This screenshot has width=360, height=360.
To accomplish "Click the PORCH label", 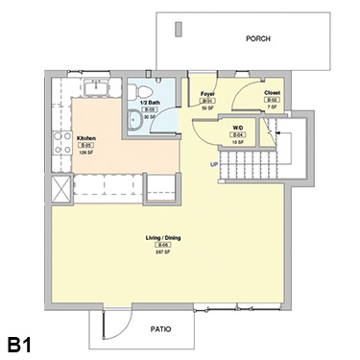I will (258, 39).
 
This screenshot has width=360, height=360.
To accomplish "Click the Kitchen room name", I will (86, 137).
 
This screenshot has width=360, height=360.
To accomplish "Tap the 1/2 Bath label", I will (150, 102).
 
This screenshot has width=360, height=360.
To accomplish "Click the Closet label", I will (272, 94).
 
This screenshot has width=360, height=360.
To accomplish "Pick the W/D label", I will (237, 127).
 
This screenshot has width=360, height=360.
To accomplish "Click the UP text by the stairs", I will (214, 163).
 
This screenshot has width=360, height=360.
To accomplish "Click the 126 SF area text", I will (86, 152).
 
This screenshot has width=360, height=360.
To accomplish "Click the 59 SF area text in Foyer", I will (205, 108).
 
